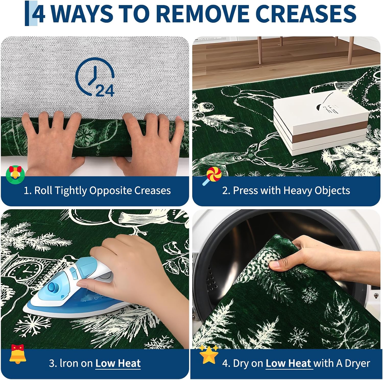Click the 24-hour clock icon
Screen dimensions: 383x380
point(95,77)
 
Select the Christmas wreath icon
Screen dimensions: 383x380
point(15,175)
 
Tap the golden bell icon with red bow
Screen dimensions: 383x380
point(18,354)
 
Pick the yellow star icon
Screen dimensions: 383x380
point(209,354)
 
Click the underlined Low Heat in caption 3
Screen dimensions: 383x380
point(118,363)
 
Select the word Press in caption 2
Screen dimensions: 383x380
point(244,190)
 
